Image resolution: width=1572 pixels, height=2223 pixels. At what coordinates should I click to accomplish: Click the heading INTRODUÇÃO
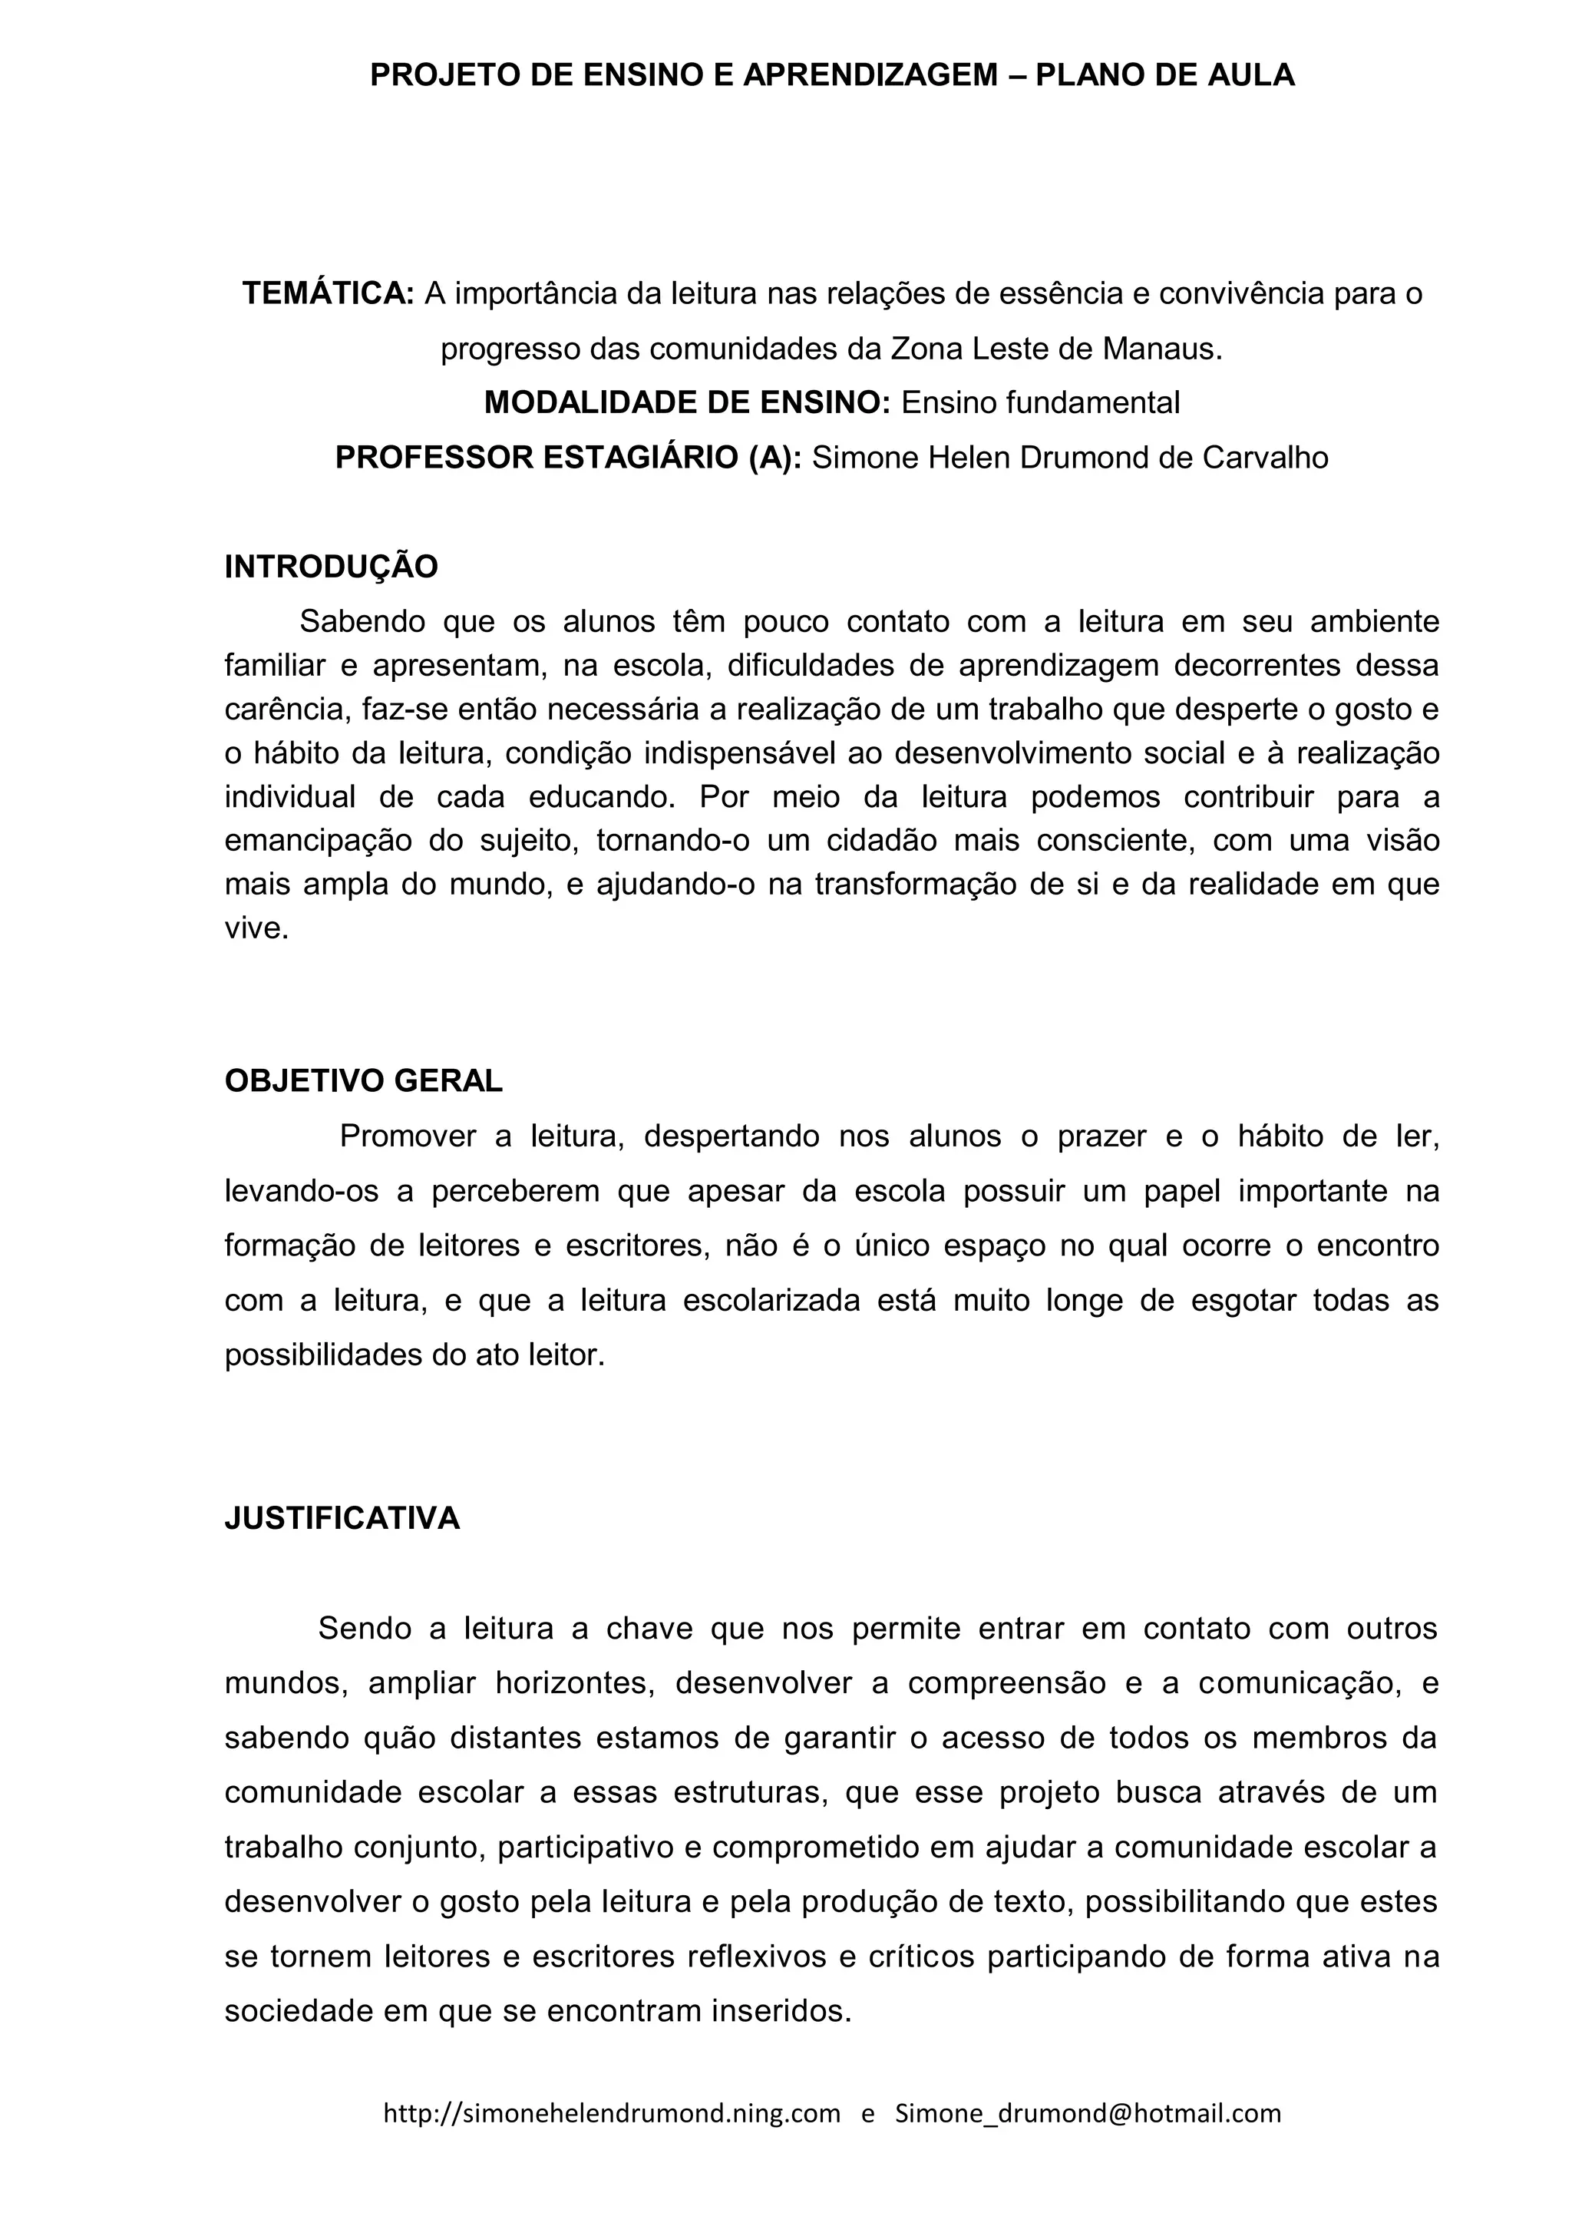point(331,567)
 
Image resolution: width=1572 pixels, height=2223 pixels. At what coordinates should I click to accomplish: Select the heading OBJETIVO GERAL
point(363,1080)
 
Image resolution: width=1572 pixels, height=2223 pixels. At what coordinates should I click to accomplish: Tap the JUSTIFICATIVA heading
point(342,1517)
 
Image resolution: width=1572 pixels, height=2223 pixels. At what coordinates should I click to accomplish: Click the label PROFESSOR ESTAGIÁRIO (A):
point(568,457)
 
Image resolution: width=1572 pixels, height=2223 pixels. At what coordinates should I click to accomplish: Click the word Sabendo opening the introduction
point(362,620)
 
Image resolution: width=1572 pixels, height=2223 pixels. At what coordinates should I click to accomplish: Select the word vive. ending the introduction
point(256,928)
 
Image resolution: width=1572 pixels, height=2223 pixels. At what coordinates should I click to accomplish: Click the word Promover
point(408,1136)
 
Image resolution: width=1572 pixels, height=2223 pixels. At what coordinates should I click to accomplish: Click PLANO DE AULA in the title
point(1164,74)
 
